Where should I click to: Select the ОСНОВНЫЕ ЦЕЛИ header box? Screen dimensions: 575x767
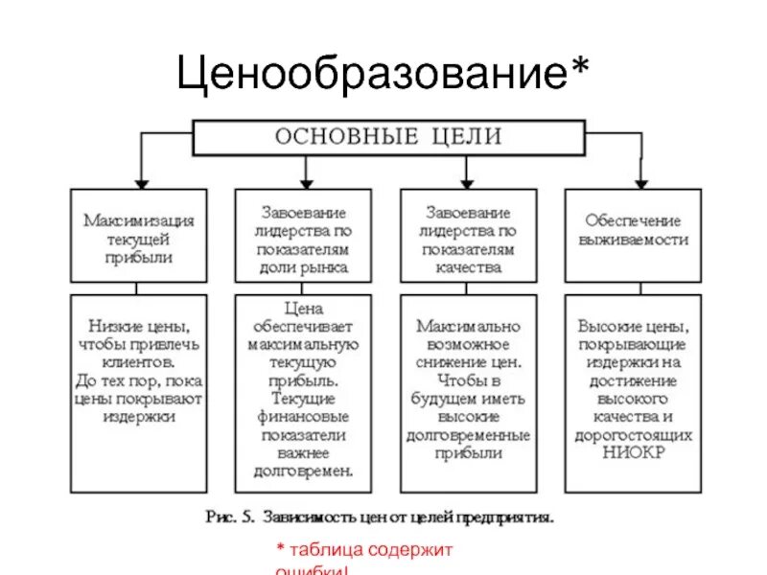tap(388, 136)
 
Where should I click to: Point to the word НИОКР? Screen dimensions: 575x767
tap(633, 453)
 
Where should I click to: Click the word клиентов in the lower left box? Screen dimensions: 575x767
tap(138, 363)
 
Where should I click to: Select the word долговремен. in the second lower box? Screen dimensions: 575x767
tap(304, 471)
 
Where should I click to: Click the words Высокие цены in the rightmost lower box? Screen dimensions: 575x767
tap(633, 327)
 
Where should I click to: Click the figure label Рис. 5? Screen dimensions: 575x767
tap(229, 517)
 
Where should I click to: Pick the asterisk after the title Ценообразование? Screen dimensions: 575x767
tap(580, 67)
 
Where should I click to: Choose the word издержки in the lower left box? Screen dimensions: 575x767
tap(138, 418)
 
